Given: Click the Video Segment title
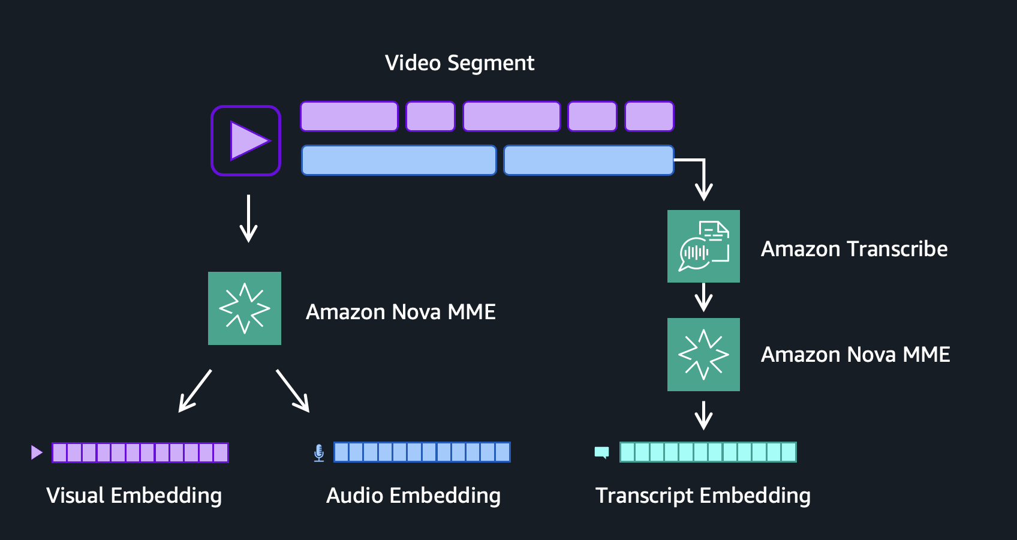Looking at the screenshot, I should tap(459, 63).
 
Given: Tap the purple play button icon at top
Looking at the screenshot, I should tap(246, 140).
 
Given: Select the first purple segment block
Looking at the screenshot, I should tap(349, 116).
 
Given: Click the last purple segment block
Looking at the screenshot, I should tap(649, 116).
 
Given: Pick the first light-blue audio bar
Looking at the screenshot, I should tap(399, 160).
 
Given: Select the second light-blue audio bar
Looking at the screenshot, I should tap(588, 160).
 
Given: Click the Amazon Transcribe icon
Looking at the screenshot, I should tap(703, 246).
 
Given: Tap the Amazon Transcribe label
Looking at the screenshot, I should tap(854, 249).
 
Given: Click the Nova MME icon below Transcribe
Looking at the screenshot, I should tap(703, 355).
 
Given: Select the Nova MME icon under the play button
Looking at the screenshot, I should tap(245, 308).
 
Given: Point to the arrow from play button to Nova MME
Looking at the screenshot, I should tap(248, 218).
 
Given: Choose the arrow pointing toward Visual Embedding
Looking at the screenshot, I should tap(195, 391).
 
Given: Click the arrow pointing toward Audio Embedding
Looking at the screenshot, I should tap(293, 391).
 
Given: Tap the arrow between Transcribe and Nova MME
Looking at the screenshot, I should tap(703, 298).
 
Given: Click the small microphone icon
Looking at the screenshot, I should tap(319, 453).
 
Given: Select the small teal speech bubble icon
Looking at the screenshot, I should tap(601, 452).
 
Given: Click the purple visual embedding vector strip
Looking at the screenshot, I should tap(140, 452).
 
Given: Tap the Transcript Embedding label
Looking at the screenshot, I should tap(703, 496).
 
